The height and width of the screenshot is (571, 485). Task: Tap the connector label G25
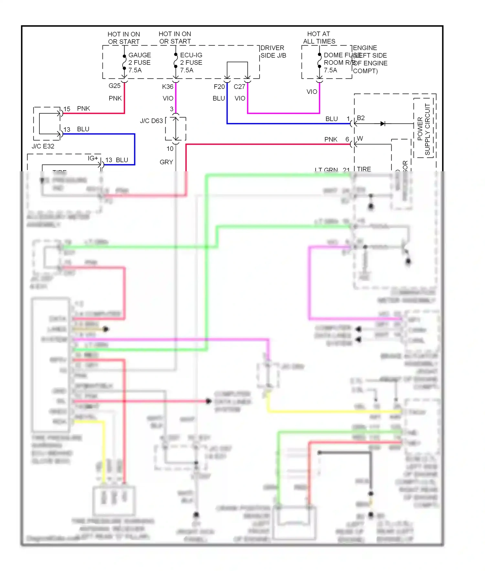[114, 86]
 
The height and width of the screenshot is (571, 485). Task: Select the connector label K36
[167, 87]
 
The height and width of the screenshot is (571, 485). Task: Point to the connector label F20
[219, 87]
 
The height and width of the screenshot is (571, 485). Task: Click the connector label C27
[239, 87]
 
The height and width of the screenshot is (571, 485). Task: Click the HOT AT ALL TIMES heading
[319, 38]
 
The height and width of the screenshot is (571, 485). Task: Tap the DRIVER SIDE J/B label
[273, 52]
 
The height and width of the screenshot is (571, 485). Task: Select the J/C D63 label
[151, 121]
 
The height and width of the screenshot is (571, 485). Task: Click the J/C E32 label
[43, 146]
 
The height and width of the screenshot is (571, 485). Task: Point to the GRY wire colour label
[166, 162]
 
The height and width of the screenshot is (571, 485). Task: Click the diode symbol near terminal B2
[383, 124]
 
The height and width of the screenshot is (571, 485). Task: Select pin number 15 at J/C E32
[67, 109]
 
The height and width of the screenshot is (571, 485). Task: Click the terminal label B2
[361, 118]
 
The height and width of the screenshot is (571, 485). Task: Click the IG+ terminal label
[93, 158]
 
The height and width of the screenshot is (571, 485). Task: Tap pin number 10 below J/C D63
[170, 149]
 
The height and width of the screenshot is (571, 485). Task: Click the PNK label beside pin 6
[331, 140]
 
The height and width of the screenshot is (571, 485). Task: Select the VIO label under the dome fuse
[312, 92]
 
